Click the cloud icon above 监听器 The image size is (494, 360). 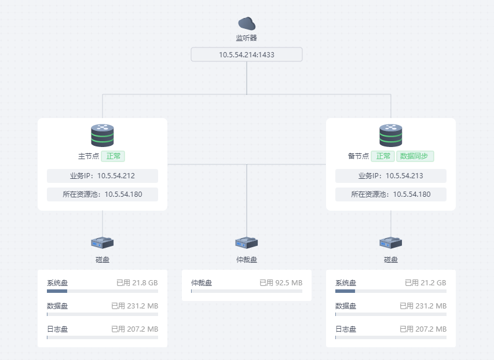click(x=247, y=23)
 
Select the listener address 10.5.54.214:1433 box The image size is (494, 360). click(x=247, y=54)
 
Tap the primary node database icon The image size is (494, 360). click(x=103, y=135)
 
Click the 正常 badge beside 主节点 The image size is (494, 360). click(x=113, y=156)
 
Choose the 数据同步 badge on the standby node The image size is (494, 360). click(x=415, y=156)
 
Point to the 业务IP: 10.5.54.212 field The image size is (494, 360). click(x=103, y=176)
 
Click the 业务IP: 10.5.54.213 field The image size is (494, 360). click(x=391, y=176)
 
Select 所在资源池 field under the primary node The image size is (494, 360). click(x=103, y=194)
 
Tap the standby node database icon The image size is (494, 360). click(x=391, y=135)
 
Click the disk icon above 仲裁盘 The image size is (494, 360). click(x=247, y=243)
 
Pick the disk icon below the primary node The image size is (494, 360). click(x=103, y=243)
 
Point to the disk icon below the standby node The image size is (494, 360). click(x=391, y=243)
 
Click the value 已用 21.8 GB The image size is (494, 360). click(x=137, y=283)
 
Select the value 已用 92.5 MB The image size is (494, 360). click(x=281, y=283)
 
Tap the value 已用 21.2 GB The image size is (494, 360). click(x=426, y=283)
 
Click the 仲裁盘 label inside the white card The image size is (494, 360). click(x=202, y=283)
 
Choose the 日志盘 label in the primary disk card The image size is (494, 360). click(x=57, y=329)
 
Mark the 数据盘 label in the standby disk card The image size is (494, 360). click(x=346, y=306)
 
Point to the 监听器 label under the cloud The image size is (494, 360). click(x=247, y=38)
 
